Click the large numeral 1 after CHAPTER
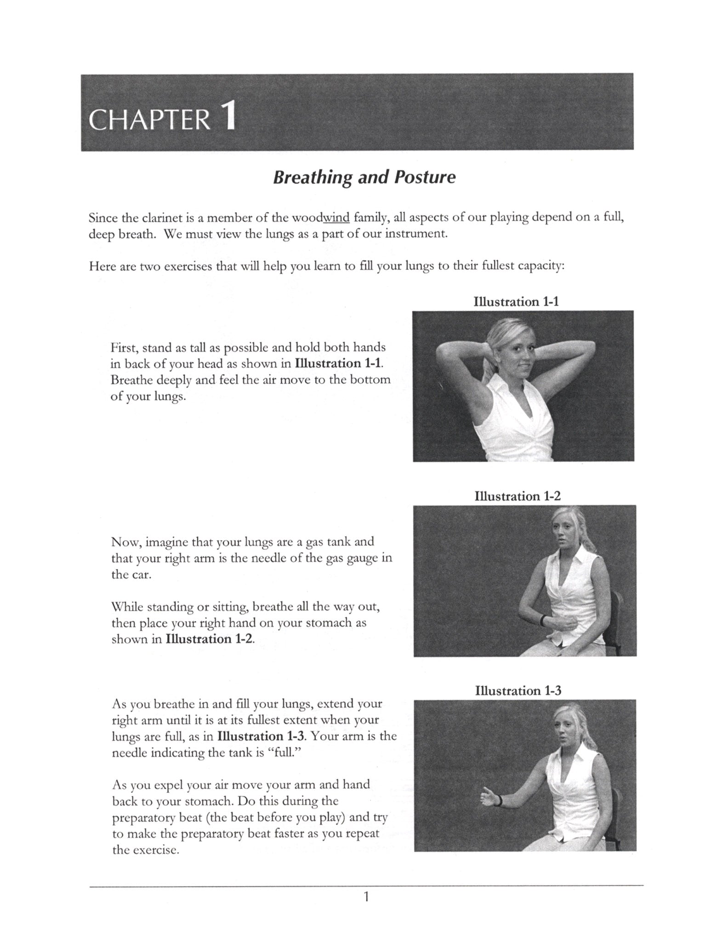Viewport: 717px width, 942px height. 228,117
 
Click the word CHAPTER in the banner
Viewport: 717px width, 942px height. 149,121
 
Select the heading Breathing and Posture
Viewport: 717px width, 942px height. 364,177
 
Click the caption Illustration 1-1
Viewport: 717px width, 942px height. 516,302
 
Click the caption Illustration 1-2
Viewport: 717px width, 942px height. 518,496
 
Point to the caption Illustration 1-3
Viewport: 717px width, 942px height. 518,690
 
